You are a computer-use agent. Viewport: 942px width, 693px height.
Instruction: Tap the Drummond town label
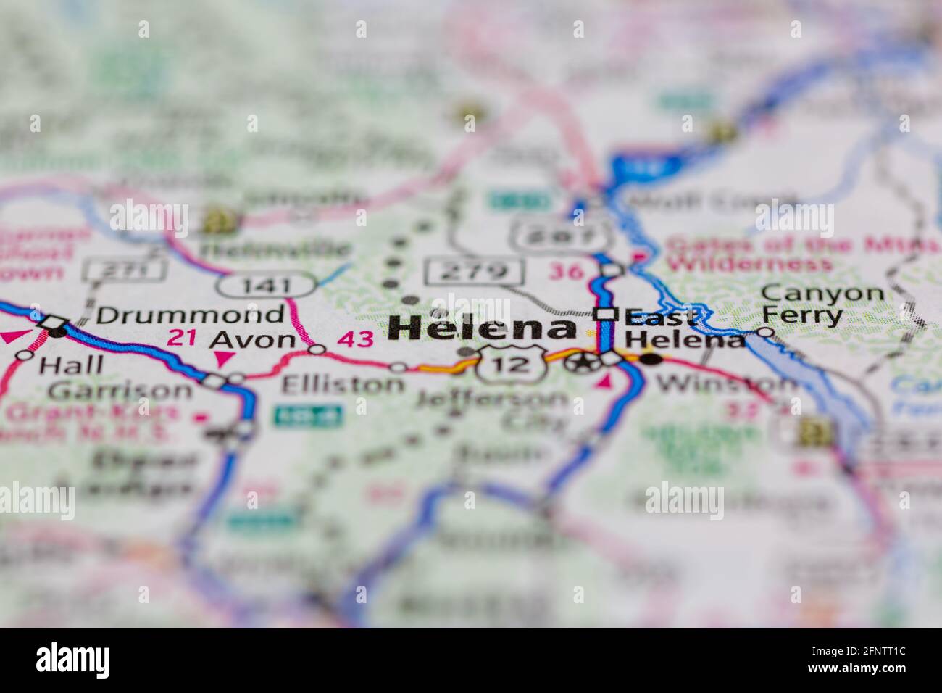point(190,315)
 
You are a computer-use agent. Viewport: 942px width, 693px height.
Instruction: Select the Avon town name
point(253,339)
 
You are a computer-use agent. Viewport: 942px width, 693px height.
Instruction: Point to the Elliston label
point(342,384)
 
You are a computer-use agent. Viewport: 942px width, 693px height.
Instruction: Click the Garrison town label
point(120,391)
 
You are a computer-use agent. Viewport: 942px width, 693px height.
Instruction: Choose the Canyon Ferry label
point(822,304)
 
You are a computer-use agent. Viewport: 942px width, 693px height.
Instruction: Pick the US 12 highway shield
point(513,364)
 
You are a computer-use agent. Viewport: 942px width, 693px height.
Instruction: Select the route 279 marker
point(475,271)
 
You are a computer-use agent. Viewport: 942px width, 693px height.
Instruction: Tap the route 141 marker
point(267,285)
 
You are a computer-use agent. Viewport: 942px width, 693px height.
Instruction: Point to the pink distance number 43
point(356,339)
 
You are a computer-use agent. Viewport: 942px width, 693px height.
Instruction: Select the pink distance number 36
point(566,271)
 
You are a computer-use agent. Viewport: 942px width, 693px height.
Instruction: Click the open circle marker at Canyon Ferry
point(765,332)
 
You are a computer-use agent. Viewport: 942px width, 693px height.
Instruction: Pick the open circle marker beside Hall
point(25,354)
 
